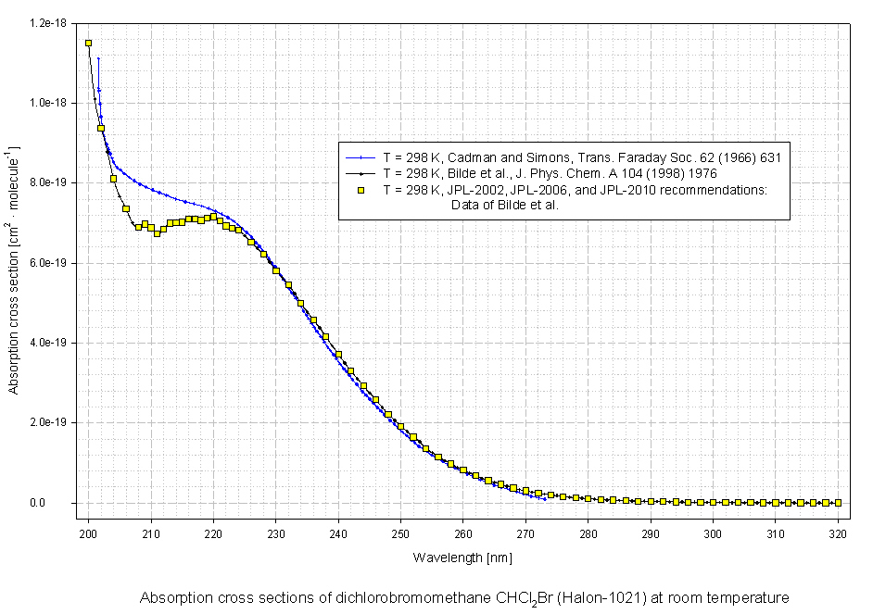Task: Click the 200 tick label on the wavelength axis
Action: coord(88,534)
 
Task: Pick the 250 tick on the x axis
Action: coord(400,534)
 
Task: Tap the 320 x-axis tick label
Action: coord(838,534)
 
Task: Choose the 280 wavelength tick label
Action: coord(588,534)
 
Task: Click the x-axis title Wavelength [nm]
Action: coord(462,558)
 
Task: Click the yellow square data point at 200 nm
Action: coord(88,43)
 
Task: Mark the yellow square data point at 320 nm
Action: coord(838,503)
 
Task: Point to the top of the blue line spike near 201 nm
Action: coord(98,57)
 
